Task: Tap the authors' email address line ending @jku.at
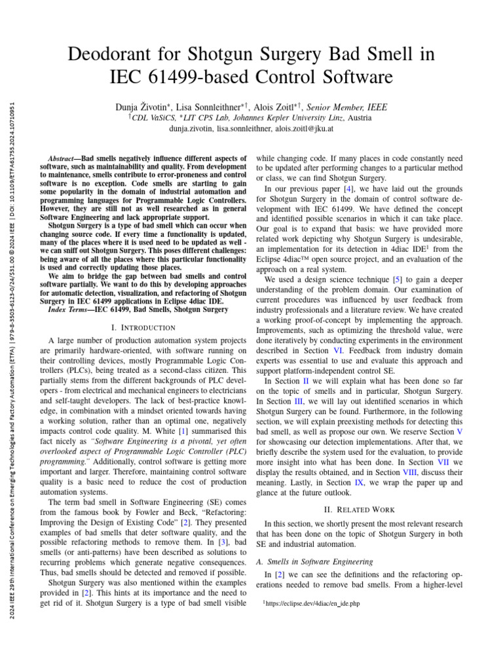(251, 129)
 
